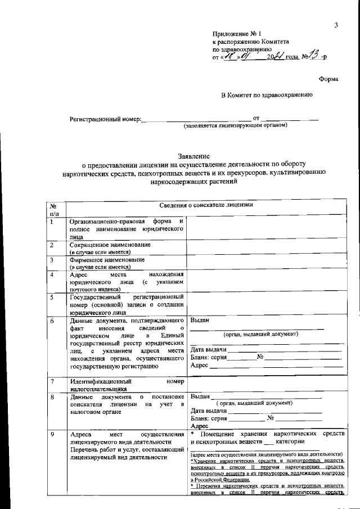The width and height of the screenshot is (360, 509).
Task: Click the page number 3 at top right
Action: (335, 25)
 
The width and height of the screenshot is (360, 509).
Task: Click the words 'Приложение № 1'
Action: (233, 34)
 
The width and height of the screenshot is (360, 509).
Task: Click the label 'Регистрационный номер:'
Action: (105, 120)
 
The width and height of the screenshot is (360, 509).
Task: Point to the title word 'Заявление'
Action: (193, 156)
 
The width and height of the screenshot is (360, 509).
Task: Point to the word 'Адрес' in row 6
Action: (200, 365)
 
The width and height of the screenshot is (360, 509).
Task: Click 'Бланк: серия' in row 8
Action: (210, 418)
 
